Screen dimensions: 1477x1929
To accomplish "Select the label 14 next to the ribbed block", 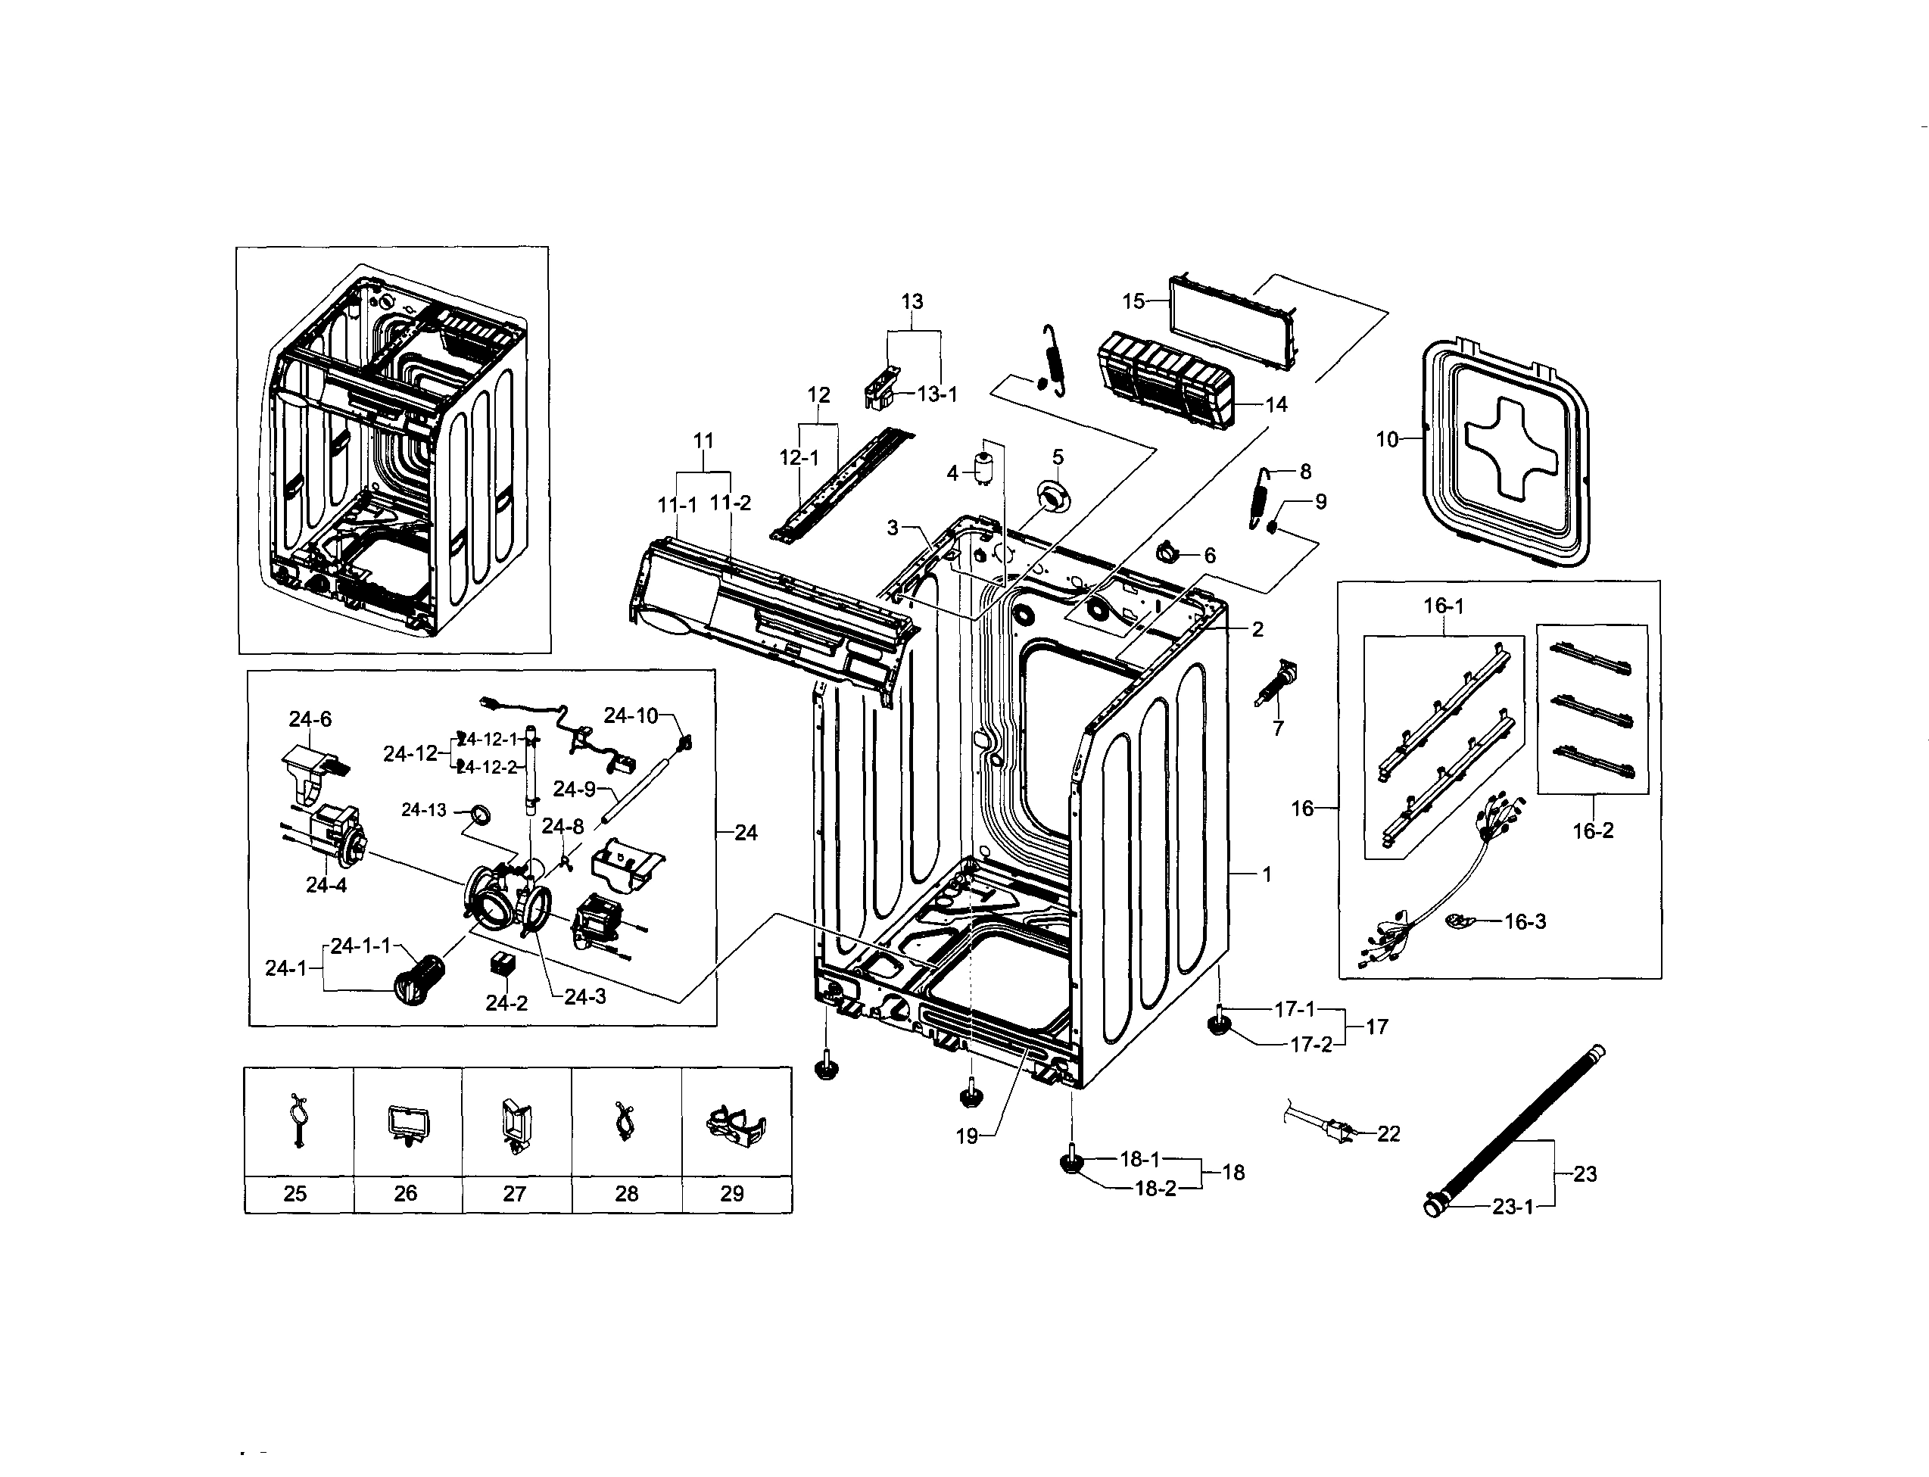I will [x=1276, y=404].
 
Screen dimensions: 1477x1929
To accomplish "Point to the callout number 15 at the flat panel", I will [x=1133, y=301].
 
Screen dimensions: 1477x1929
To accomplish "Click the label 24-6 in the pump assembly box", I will [x=310, y=719].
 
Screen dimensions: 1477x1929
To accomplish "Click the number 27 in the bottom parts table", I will [x=514, y=1193].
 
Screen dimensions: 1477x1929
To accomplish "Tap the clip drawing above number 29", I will [x=735, y=1127].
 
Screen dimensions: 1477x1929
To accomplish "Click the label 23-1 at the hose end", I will [x=1511, y=1207].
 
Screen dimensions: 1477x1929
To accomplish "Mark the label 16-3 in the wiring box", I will [x=1525, y=921].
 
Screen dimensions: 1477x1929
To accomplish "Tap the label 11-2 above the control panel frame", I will [x=731, y=503].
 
